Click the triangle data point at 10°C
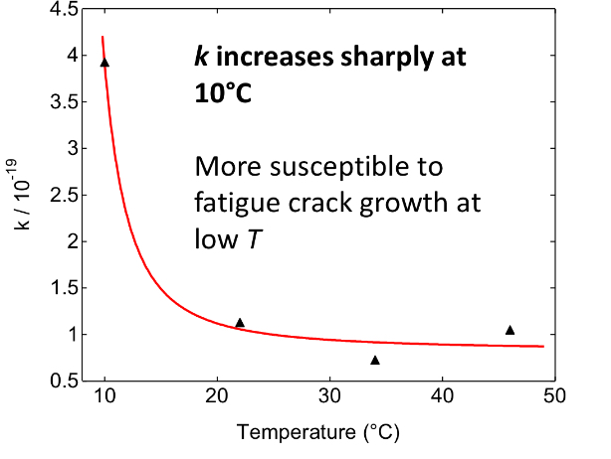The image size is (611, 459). pos(104,63)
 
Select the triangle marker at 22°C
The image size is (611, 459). pos(240,323)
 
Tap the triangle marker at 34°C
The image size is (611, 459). pos(375,360)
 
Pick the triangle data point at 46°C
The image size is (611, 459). pos(510,330)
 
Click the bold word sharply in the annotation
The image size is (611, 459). pos(370,60)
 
